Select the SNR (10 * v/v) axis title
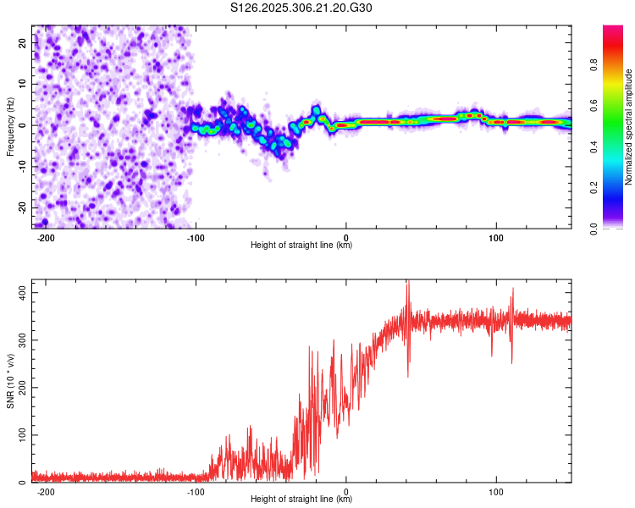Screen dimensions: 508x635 (10, 381)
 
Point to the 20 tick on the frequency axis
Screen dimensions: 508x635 (23, 41)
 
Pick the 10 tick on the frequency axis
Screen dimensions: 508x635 (23, 83)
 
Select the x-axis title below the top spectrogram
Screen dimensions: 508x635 (301, 246)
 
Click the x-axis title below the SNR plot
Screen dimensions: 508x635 (301, 500)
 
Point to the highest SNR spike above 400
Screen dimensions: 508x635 (407, 282)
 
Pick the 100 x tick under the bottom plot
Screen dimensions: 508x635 (496, 491)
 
